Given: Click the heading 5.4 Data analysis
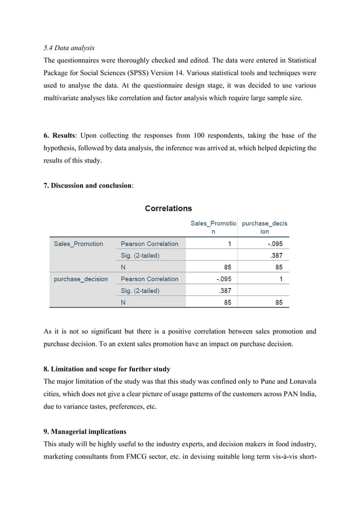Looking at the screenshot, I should [x=69, y=47].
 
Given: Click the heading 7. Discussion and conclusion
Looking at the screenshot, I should [x=88, y=186].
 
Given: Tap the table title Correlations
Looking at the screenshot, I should [x=168, y=208].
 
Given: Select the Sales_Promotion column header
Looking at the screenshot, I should [x=213, y=227].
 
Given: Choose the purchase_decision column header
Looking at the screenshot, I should [x=264, y=227].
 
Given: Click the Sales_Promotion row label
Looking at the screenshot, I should [x=78, y=244].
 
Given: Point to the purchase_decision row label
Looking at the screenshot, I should [x=81, y=279].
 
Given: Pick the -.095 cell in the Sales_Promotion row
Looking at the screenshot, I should [x=274, y=244].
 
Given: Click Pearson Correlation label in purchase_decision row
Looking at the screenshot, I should [x=150, y=279].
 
